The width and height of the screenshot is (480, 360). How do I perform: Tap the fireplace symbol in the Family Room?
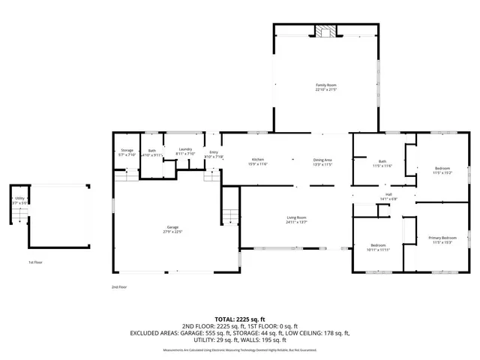[x=325, y=31]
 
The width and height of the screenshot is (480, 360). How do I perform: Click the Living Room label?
[x=297, y=219]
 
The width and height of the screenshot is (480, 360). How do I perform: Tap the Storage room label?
[x=127, y=152]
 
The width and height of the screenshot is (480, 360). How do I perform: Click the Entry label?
[x=214, y=154]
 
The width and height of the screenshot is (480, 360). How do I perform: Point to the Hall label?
[x=389, y=196]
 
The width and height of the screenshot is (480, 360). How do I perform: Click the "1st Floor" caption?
[x=35, y=262]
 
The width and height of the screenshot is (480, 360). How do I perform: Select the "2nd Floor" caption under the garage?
[x=118, y=286]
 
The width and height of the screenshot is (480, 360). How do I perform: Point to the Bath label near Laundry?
[x=152, y=152]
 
